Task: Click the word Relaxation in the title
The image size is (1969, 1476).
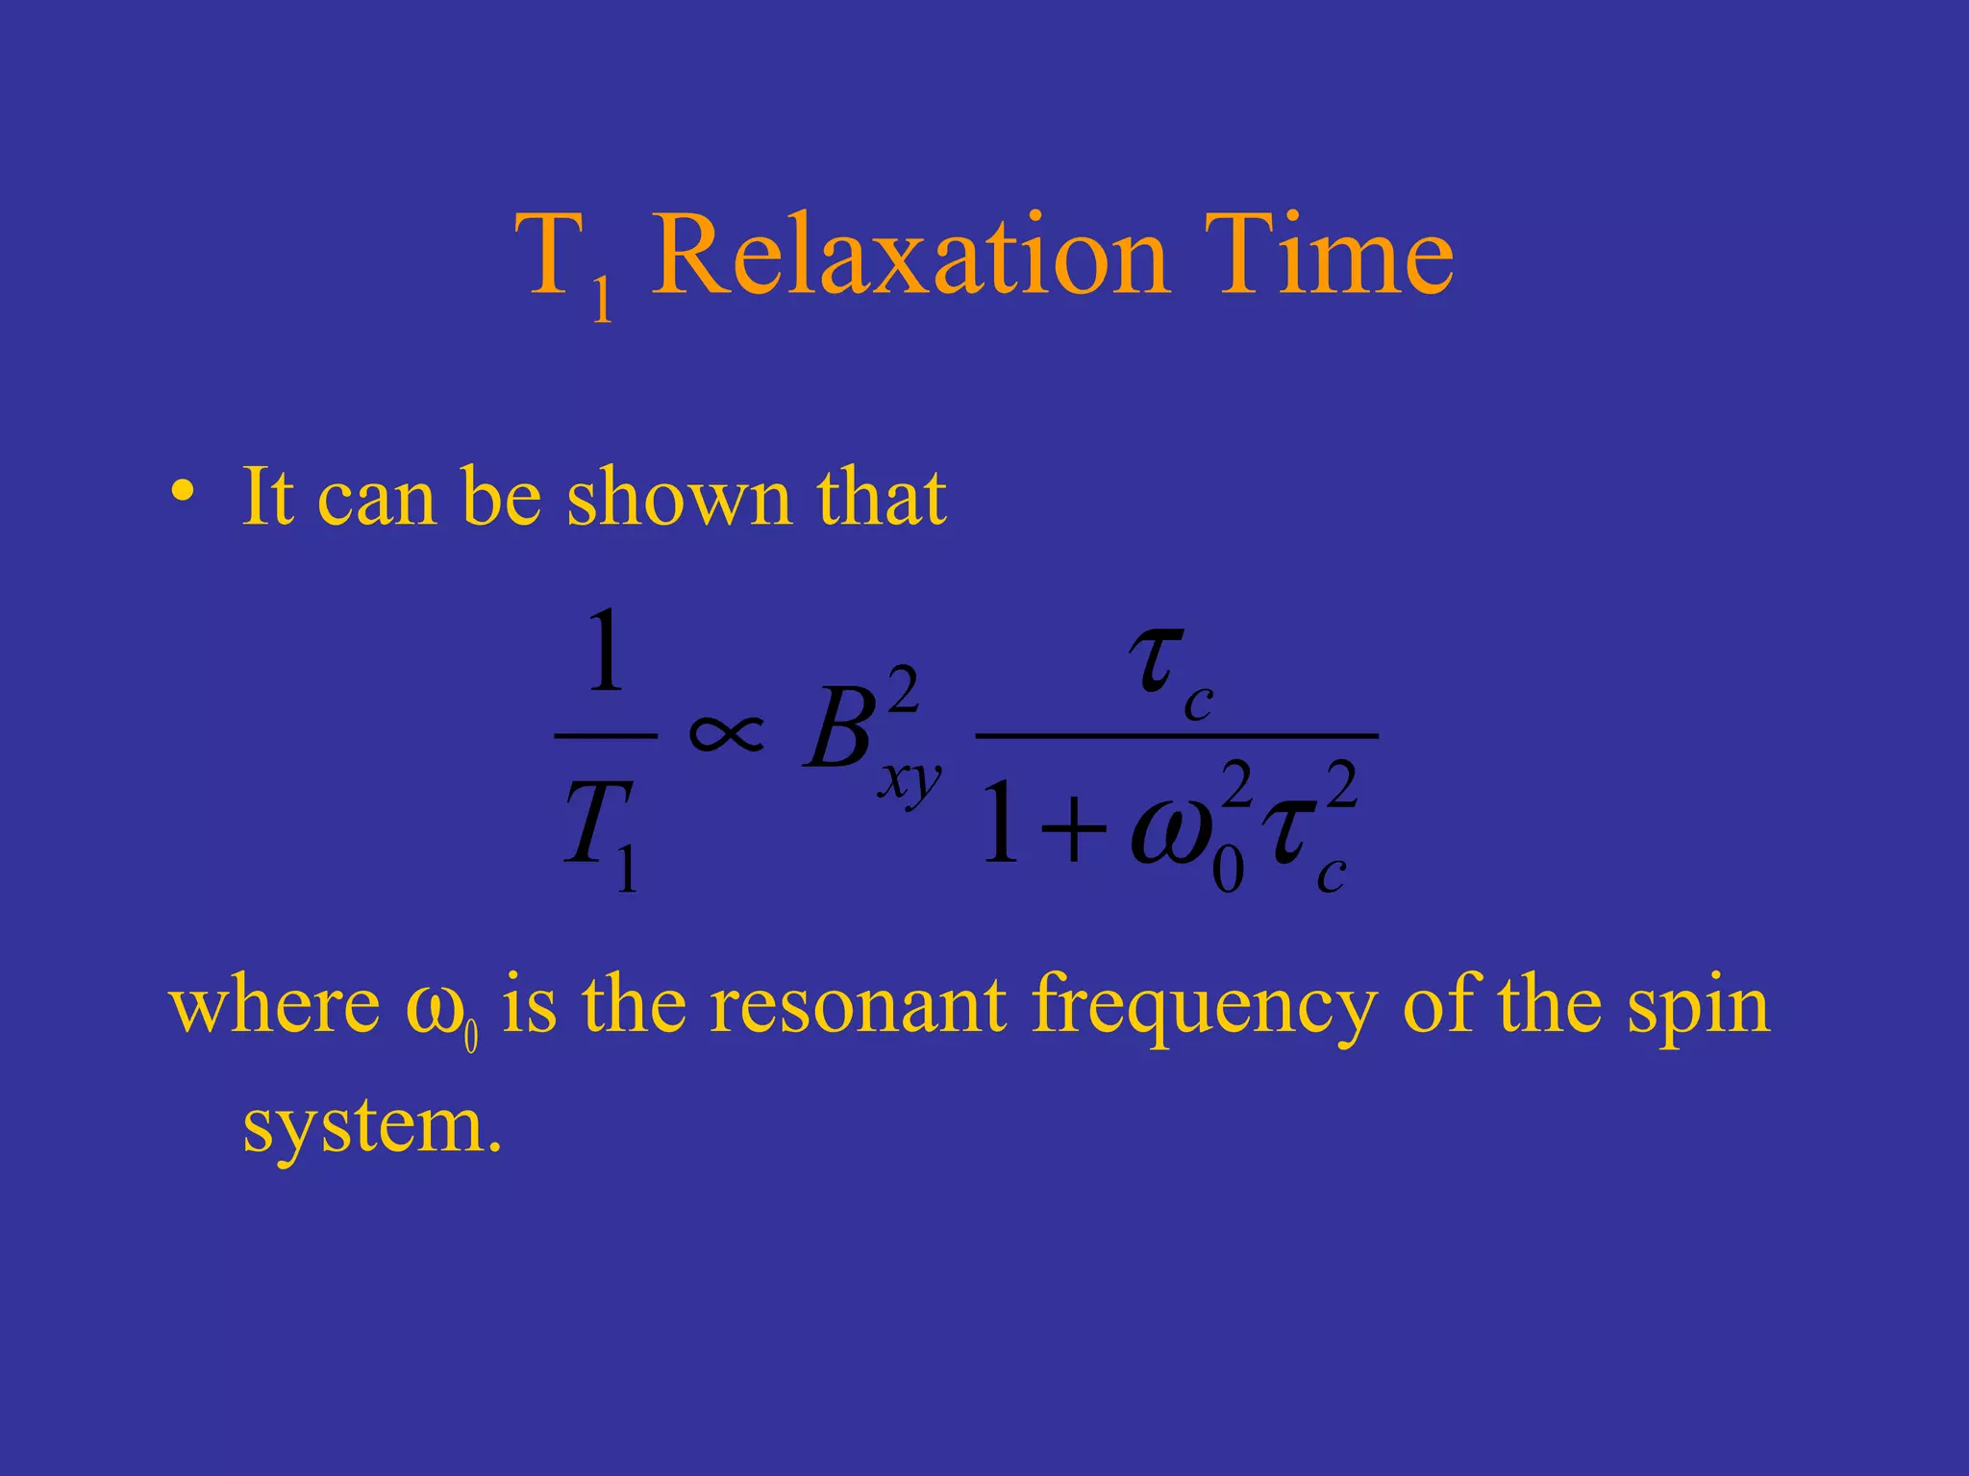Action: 910,257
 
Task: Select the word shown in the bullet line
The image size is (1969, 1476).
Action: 679,497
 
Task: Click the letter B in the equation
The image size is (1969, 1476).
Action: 836,732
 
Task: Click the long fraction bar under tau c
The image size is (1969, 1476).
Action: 1176,735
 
